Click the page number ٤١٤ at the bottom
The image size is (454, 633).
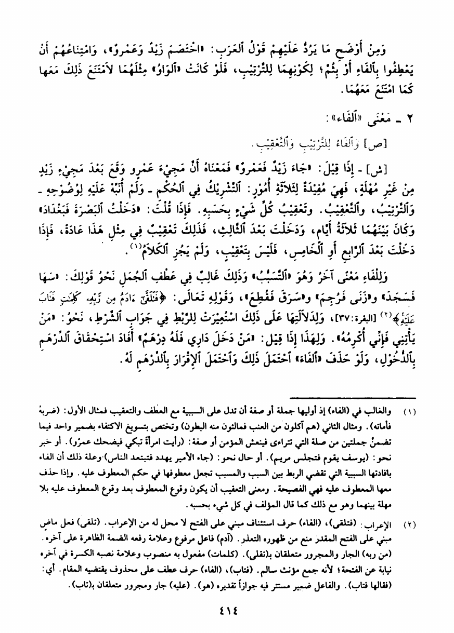pyautogui.click(x=227, y=609)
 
